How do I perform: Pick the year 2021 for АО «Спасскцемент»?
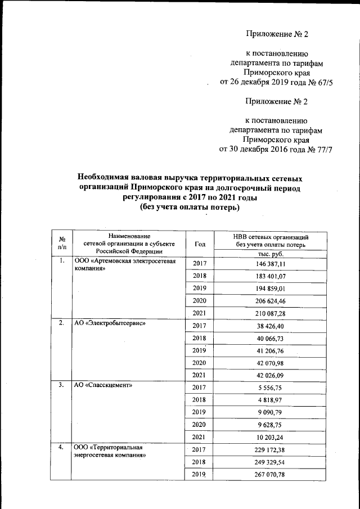(200, 437)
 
